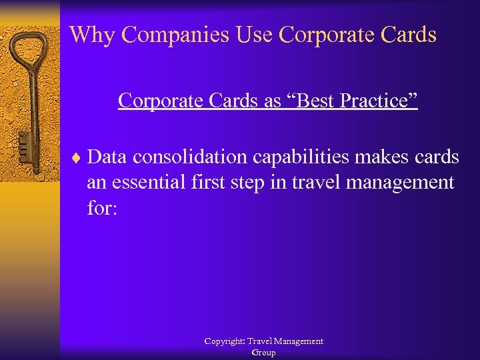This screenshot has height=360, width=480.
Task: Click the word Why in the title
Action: pyautogui.click(x=89, y=35)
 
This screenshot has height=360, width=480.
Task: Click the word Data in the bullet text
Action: pyautogui.click(x=107, y=157)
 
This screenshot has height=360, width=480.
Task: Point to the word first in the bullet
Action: pyautogui.click(x=219, y=183)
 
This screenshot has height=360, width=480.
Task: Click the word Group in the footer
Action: pyautogui.click(x=263, y=353)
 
